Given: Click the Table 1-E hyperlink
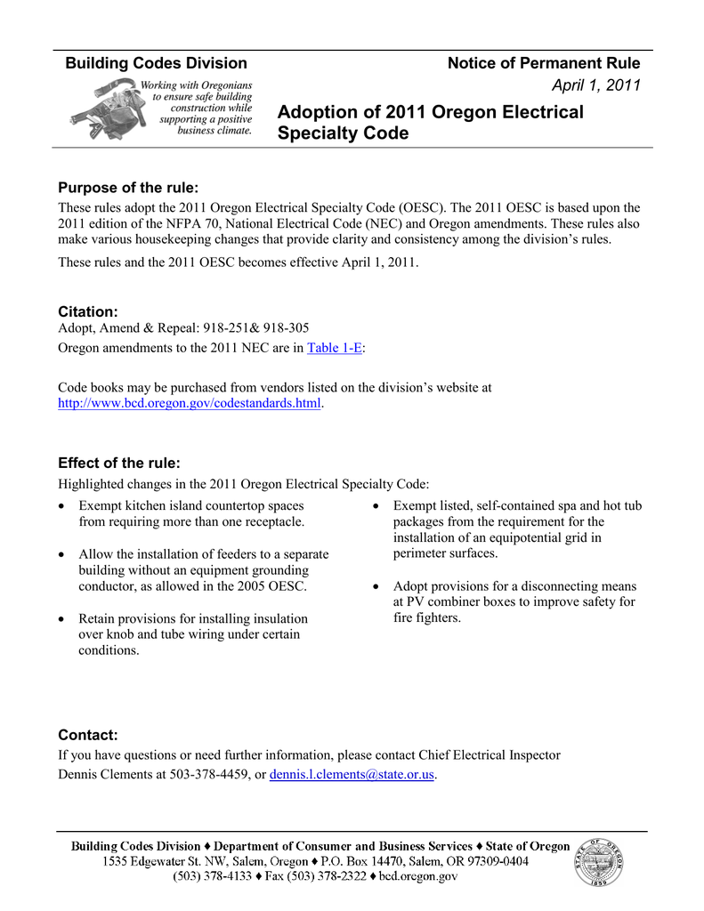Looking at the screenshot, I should click(x=335, y=348).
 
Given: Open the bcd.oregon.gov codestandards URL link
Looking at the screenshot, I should click(x=189, y=403).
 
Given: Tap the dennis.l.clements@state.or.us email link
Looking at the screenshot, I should click(x=352, y=774).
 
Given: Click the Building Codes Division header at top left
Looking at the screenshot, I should click(x=157, y=63).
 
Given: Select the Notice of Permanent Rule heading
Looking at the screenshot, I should click(x=543, y=63).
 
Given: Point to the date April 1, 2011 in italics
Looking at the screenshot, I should click(x=596, y=85).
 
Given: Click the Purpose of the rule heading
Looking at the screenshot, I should click(x=128, y=188).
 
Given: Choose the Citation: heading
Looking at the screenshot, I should click(x=88, y=311).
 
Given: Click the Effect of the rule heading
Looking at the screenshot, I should click(x=119, y=463).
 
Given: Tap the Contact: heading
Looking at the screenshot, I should click(x=88, y=735).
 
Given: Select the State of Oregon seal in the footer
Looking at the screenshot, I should click(x=599, y=862).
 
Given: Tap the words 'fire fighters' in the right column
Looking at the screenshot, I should click(x=427, y=617).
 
